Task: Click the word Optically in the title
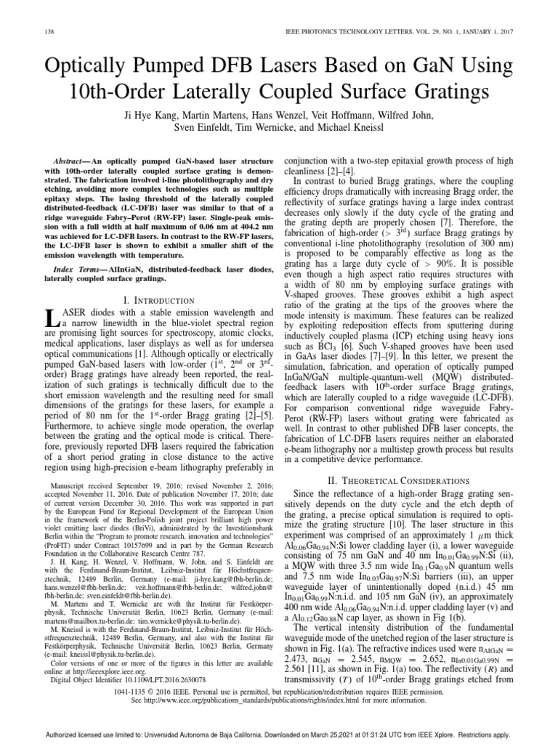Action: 95,67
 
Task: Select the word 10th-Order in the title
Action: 128,92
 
